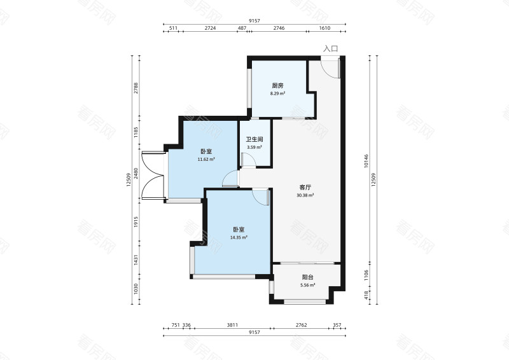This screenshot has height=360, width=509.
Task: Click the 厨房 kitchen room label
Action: (x=277, y=86)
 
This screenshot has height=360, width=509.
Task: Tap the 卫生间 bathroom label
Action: (x=254, y=139)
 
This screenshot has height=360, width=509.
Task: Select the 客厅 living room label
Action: (x=305, y=187)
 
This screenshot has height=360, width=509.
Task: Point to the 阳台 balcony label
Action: (x=308, y=277)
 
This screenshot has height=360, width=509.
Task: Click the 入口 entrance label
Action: (x=330, y=49)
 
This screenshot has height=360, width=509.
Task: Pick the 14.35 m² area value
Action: (x=239, y=237)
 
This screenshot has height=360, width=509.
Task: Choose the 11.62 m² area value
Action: (x=206, y=159)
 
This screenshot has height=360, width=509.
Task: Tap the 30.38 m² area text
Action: (x=305, y=195)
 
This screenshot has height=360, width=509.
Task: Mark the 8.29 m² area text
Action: (x=277, y=93)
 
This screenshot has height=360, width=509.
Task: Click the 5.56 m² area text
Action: (x=308, y=285)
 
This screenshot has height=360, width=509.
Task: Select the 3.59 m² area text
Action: (x=254, y=147)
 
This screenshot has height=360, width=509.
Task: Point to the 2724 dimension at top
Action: (x=211, y=28)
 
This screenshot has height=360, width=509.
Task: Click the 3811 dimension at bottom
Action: (x=232, y=324)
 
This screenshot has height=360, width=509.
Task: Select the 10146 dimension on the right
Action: (x=366, y=161)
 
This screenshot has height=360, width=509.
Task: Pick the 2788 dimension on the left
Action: (x=136, y=88)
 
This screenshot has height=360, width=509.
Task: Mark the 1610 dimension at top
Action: (x=324, y=28)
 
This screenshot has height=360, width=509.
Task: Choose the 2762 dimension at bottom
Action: (x=301, y=324)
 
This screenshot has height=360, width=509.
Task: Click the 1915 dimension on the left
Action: (x=136, y=222)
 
